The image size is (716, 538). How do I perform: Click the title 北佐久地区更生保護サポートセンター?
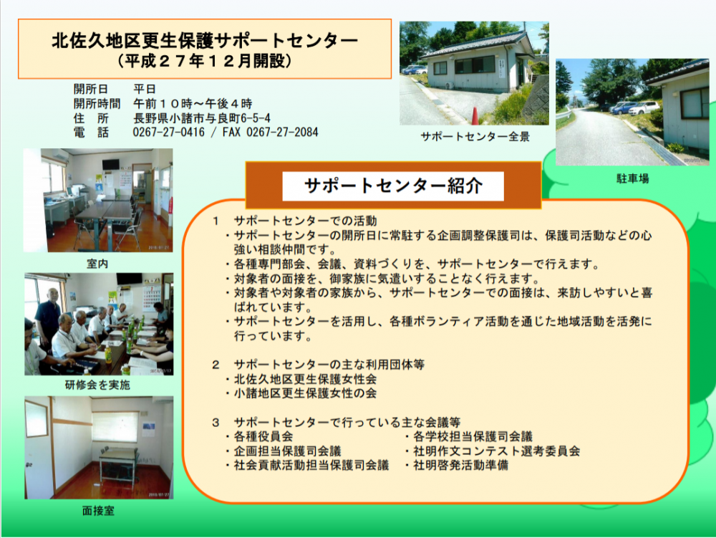click(205, 41)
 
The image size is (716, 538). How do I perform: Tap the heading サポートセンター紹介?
click(393, 186)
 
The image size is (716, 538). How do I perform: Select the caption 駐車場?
click(632, 178)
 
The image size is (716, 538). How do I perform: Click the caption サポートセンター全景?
click(475, 137)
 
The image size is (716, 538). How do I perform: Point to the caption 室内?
click(97, 264)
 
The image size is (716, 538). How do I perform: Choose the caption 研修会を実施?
click(97, 385)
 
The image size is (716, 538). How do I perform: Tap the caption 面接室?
click(98, 511)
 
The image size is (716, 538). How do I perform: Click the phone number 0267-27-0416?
click(168, 133)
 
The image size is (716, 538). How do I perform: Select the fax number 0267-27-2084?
click(282, 133)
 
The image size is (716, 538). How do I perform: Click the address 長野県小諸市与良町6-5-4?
click(201, 118)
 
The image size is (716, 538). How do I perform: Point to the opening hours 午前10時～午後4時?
click(193, 104)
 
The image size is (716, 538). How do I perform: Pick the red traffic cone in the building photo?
click(475, 116)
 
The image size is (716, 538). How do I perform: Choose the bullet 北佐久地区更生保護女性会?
click(305, 379)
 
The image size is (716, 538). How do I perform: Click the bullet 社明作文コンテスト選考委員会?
click(497, 451)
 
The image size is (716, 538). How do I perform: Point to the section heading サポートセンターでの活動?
click(305, 221)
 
